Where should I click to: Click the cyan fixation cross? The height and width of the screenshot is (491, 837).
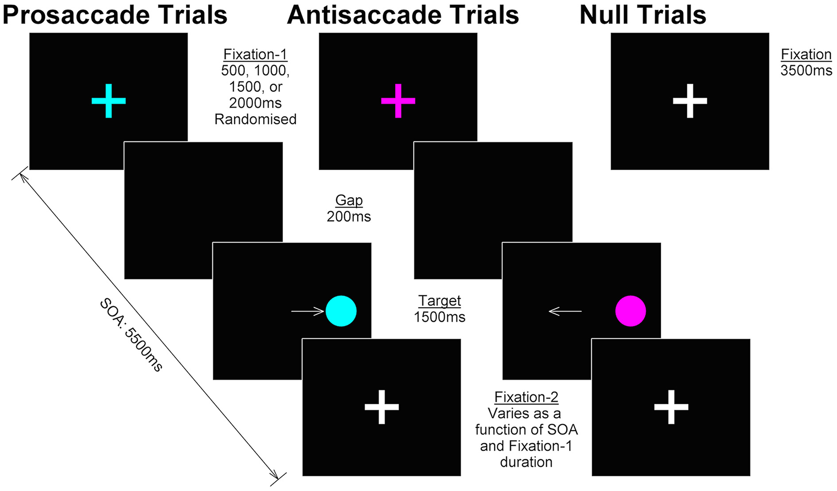[108, 101]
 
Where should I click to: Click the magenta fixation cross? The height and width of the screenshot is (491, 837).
[398, 101]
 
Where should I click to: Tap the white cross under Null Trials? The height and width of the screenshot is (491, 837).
[690, 101]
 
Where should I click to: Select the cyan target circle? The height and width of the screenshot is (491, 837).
[341, 311]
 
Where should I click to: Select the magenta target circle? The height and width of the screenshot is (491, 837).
[631, 311]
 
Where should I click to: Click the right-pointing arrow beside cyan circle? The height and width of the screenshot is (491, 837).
[307, 311]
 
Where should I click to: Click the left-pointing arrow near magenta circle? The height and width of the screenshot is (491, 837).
[565, 311]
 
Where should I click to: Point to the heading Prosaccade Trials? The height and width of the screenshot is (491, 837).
[115, 15]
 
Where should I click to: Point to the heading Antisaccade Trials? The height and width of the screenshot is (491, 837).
[403, 15]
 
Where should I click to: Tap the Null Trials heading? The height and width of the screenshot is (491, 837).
[643, 15]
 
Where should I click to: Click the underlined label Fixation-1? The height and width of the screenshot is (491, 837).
[256, 54]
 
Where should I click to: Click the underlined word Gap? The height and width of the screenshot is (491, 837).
[349, 200]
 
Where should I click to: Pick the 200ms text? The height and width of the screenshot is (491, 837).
[349, 217]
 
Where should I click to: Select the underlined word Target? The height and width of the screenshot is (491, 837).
[440, 301]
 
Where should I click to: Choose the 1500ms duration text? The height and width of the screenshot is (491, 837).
[440, 317]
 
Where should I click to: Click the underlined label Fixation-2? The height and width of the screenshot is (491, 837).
[526, 397]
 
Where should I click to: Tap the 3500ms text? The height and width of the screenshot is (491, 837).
[806, 70]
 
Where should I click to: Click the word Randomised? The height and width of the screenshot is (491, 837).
[256, 119]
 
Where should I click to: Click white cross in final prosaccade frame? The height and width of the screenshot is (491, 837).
[382, 407]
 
